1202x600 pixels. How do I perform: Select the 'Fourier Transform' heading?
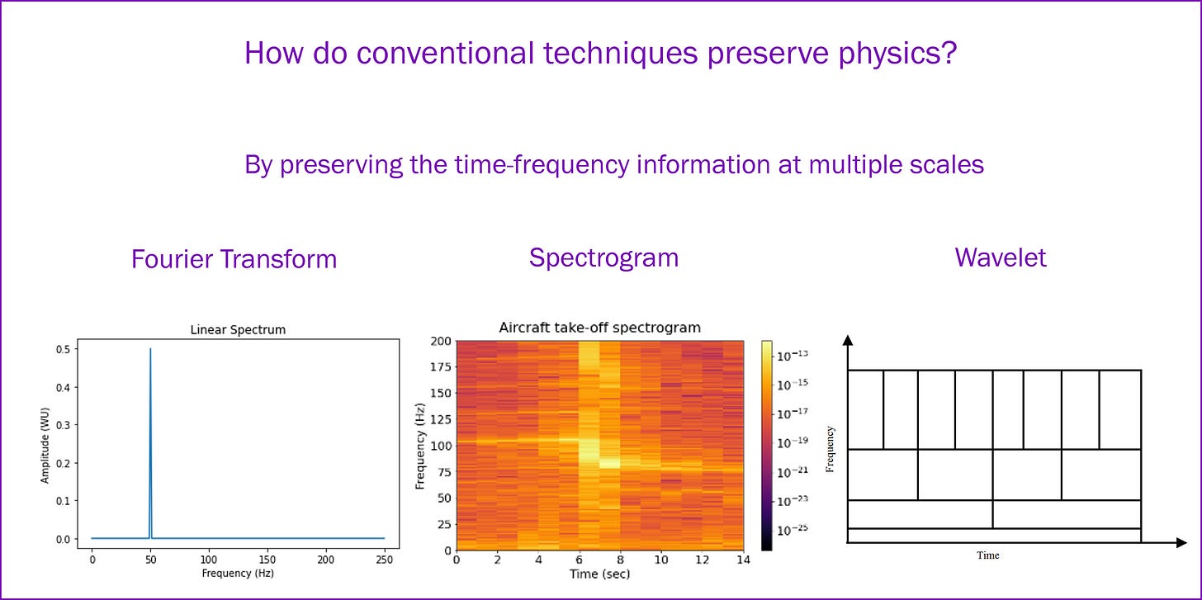(234, 259)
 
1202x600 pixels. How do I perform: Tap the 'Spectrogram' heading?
(603, 258)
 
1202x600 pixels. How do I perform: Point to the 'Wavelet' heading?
(1001, 257)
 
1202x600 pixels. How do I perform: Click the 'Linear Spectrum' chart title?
(238, 329)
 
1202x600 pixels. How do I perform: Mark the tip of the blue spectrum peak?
(150, 349)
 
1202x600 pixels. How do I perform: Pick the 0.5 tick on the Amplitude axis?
(63, 349)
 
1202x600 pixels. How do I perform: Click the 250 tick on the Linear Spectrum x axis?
(384, 560)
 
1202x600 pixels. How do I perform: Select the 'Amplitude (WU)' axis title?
(45, 446)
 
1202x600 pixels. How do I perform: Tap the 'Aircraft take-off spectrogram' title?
(599, 328)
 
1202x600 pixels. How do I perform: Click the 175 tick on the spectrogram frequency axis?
(441, 367)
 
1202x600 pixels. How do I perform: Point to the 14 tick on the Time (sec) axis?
(743, 560)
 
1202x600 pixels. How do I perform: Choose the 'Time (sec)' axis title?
(599, 574)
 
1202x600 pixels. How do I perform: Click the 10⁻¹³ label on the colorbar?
(793, 355)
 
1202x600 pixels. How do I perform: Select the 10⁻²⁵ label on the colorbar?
(793, 529)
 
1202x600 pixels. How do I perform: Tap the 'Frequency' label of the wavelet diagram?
(831, 449)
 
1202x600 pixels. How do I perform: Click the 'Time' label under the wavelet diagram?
(988, 555)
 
